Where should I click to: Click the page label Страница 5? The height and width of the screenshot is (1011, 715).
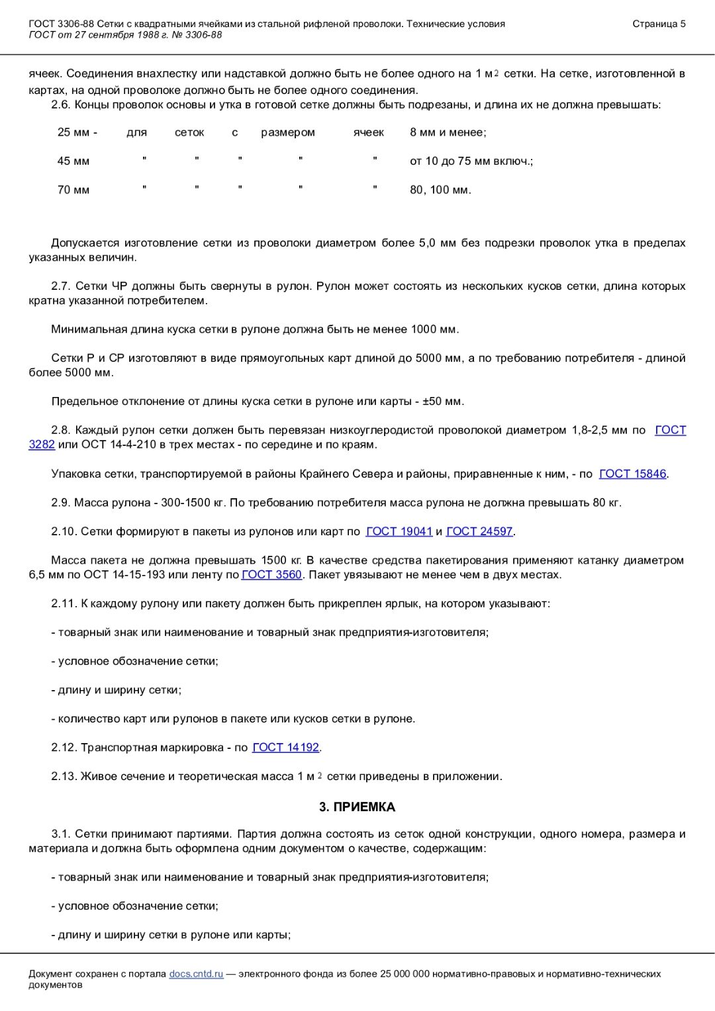(659, 24)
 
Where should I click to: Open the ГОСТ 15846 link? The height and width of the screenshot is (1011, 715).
(632, 474)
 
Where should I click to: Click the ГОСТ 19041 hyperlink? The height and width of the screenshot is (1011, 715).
(399, 531)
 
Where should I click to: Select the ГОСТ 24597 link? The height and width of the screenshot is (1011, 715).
(479, 531)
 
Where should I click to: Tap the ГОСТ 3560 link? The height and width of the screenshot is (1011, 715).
(271, 574)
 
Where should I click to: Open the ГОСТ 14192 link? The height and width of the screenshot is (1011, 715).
(286, 747)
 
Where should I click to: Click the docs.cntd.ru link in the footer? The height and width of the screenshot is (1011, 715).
(196, 973)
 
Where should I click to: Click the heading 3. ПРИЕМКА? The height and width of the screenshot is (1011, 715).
(357, 807)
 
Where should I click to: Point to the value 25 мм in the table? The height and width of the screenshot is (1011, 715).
(73, 132)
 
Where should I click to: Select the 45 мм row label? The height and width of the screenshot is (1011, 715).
(73, 161)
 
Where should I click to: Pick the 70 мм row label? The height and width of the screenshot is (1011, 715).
(73, 190)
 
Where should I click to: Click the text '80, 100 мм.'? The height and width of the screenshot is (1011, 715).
(440, 190)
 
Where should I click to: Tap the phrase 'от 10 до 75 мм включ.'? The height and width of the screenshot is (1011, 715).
(471, 161)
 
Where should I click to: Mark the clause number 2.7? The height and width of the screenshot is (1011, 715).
(60, 286)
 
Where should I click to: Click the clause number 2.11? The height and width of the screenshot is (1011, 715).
(63, 603)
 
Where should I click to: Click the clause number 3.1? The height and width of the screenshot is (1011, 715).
(60, 834)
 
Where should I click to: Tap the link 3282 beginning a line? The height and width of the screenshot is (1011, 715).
(42, 445)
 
